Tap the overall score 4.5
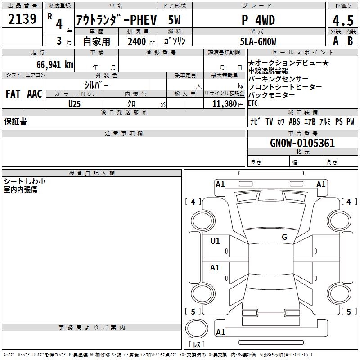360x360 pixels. tap(342, 20)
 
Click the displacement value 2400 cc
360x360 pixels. tap(139, 41)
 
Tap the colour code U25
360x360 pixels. tap(75, 103)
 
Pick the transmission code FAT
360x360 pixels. tap(13, 94)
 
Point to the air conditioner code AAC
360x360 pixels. tap(35, 94)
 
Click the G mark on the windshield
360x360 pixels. tap(284, 237)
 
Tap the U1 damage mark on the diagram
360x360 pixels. tap(215, 241)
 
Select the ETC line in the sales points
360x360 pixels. tap(253, 103)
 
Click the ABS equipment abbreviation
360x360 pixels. tap(294, 121)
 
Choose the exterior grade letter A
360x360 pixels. tap(335, 41)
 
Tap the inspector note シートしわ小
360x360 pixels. tap(24, 181)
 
